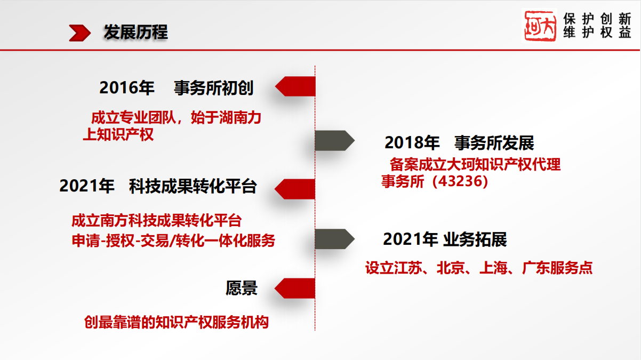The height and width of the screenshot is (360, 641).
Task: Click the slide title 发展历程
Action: [135, 32]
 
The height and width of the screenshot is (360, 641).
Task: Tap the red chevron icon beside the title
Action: [80, 33]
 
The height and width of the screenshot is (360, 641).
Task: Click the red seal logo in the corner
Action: [540, 26]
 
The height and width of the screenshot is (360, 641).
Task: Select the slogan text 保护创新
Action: [597, 19]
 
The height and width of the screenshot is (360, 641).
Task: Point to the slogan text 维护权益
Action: [597, 32]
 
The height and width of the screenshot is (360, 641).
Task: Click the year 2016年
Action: [127, 87]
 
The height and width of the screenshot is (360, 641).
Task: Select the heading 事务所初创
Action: [214, 87]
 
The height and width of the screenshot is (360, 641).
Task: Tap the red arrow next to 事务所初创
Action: [295, 86]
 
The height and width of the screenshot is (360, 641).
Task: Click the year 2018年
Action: [412, 142]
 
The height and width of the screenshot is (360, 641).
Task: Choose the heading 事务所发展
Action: [494, 142]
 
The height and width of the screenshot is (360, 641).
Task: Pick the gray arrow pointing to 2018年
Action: [335, 140]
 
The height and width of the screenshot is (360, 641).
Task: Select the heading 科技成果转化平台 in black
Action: [193, 186]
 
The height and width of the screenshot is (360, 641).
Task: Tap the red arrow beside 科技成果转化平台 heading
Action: [295, 189]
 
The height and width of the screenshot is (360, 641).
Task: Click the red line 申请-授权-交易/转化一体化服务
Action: [173, 241]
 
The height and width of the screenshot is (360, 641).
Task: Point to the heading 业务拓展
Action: [475, 239]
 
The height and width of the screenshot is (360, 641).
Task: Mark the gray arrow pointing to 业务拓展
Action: [335, 239]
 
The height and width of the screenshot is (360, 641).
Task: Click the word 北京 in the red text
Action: [451, 268]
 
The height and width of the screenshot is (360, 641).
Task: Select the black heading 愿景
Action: [242, 288]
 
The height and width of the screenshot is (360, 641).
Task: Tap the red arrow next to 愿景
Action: [295, 288]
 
